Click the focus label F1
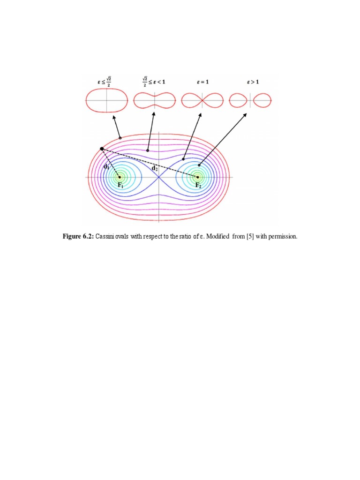click(x=120, y=186)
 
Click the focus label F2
click(x=199, y=186)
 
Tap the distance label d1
click(x=106, y=167)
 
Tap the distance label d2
click(x=154, y=167)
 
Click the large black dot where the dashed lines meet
click(x=102, y=149)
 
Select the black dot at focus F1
click(x=120, y=177)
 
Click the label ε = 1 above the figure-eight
click(x=202, y=82)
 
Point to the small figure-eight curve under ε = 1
click(x=202, y=100)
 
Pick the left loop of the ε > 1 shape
click(x=239, y=100)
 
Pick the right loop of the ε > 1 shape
click(x=262, y=100)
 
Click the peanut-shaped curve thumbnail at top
click(x=155, y=100)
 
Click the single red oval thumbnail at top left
click(x=106, y=100)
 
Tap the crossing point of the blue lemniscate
click(x=159, y=177)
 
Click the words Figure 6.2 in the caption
click(x=78, y=237)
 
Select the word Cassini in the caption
click(x=107, y=237)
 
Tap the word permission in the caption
click(x=283, y=237)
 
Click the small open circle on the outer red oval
click(x=120, y=138)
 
